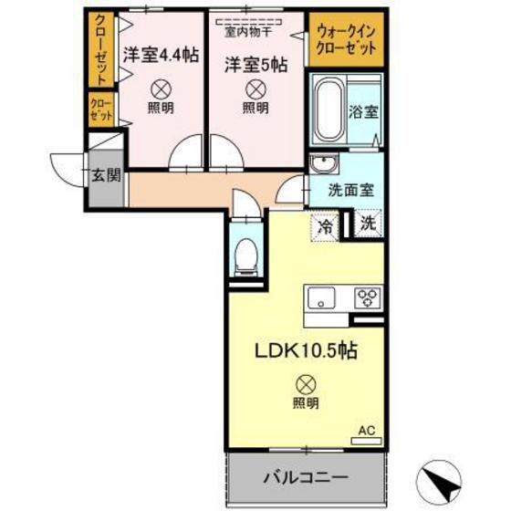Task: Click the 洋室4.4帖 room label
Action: pyautogui.click(x=161, y=54)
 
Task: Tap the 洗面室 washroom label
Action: pyautogui.click(x=350, y=193)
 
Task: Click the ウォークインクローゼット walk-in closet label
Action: pyautogui.click(x=346, y=40)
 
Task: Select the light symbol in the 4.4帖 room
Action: pyautogui.click(x=160, y=89)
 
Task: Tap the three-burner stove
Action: pyautogui.click(x=368, y=297)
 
